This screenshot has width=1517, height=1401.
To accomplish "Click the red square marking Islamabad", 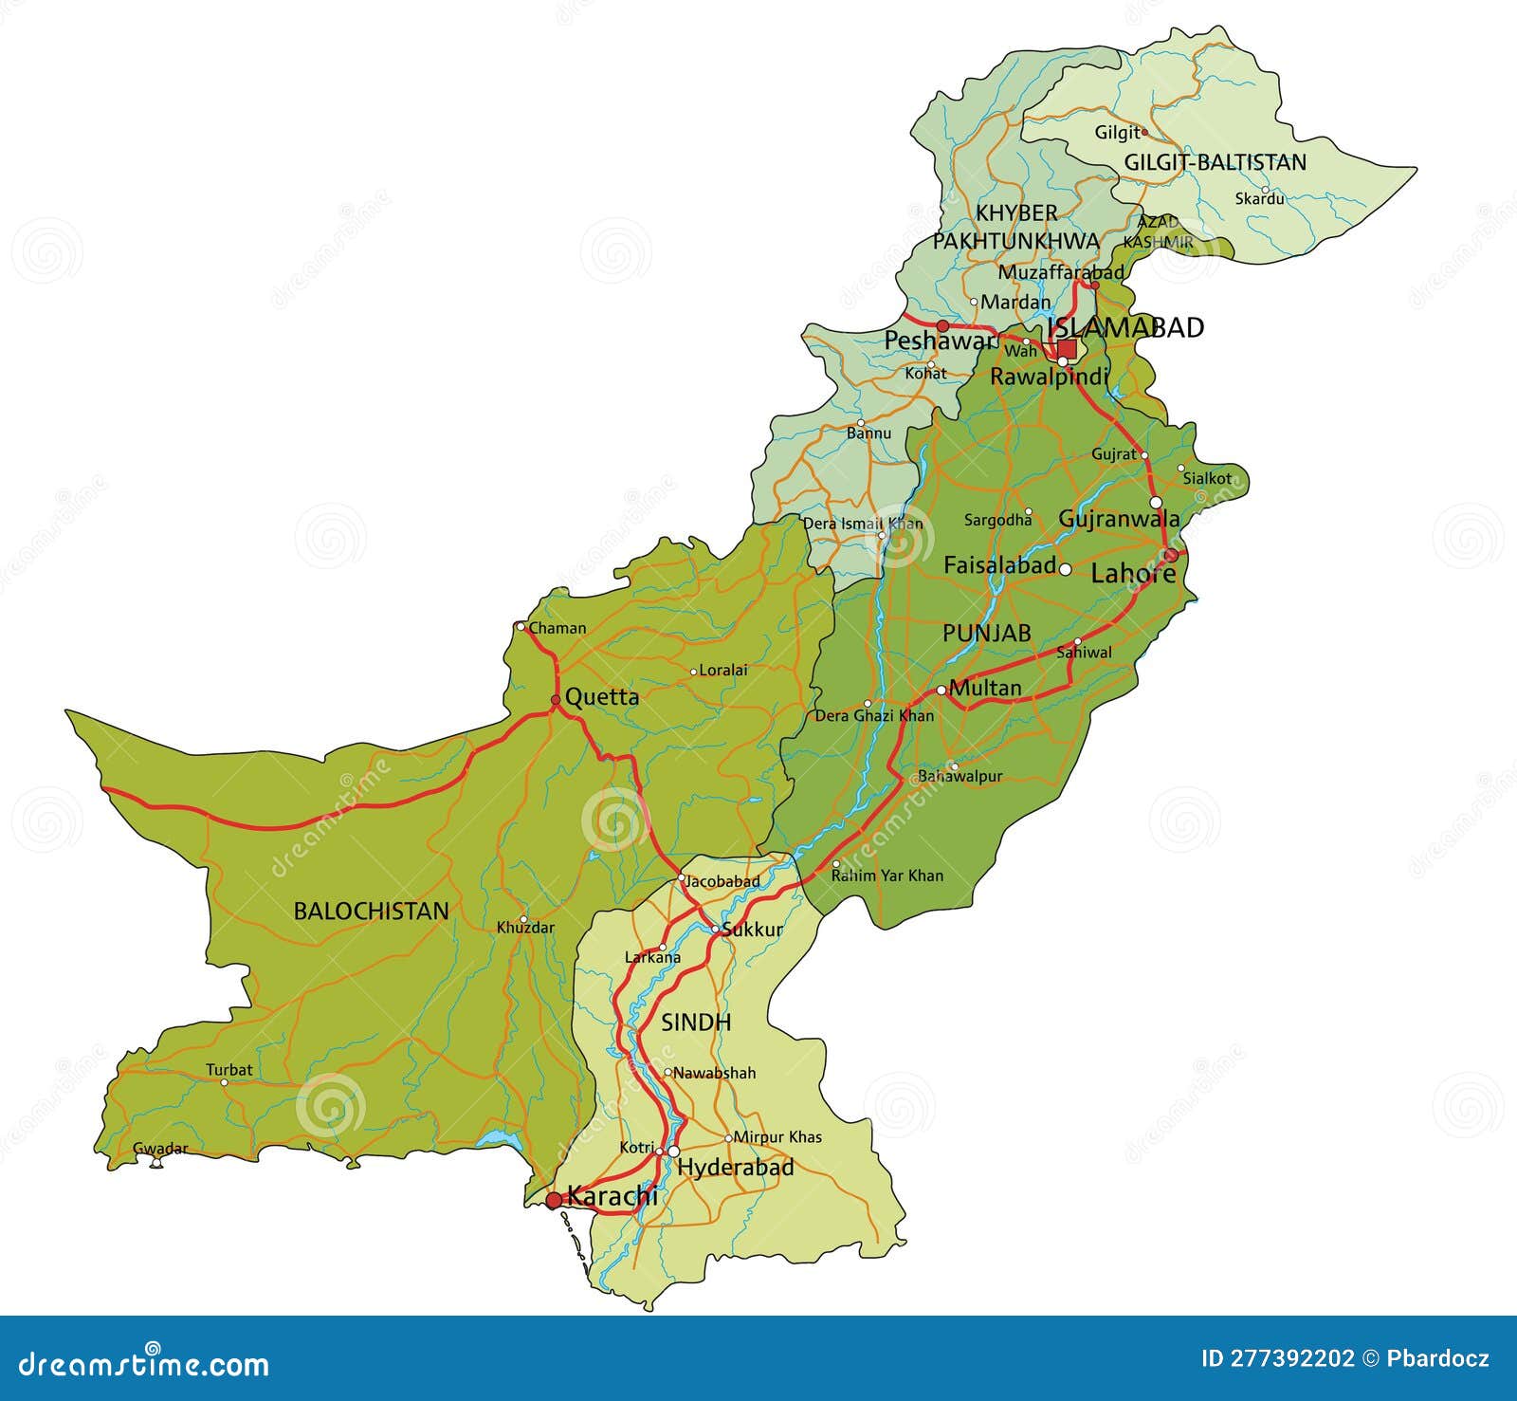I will (x=1067, y=349).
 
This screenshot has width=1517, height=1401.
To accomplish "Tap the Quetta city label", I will (x=602, y=697).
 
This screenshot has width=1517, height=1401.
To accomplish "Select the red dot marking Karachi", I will (x=554, y=1201).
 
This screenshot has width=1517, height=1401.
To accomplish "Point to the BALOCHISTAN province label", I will (x=371, y=912).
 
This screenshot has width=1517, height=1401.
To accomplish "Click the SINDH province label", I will (x=696, y=1022).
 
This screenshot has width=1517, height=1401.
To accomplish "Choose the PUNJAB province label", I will (x=986, y=634).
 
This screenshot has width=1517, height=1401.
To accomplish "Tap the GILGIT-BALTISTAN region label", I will (x=1215, y=162).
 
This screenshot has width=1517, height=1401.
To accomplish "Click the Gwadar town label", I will (x=160, y=1149).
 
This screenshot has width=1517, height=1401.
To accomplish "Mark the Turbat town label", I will (x=229, y=1070).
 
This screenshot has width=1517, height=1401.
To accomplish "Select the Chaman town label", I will (x=557, y=628).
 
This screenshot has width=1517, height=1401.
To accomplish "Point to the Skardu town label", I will (x=1259, y=199).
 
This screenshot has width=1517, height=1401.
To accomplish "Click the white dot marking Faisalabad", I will (x=1066, y=569).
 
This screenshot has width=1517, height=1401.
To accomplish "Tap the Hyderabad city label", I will (x=736, y=1168).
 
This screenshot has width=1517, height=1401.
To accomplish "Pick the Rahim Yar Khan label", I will (x=887, y=876).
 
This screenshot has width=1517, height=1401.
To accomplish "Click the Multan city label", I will (x=985, y=688).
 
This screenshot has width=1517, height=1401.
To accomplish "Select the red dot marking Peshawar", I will (x=942, y=325).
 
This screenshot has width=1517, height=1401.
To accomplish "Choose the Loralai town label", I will (x=723, y=670).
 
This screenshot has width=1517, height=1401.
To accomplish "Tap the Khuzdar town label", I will (x=525, y=928).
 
